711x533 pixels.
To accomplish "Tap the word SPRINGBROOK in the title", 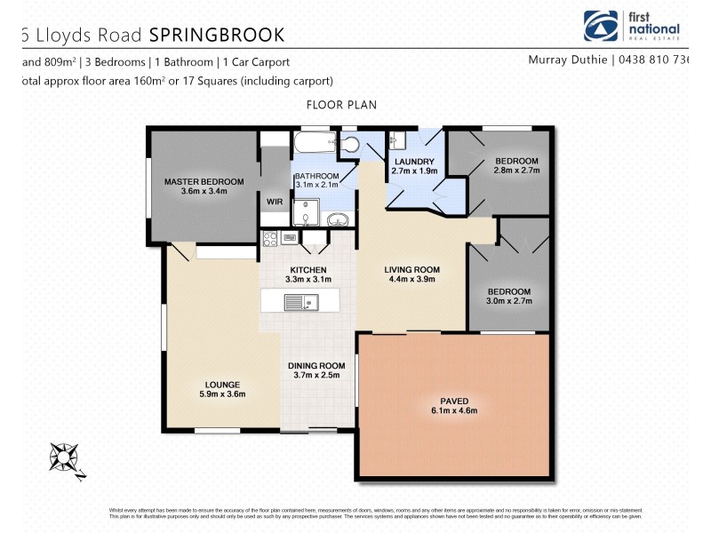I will (x=217, y=35).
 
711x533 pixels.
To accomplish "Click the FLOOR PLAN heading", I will (x=341, y=105).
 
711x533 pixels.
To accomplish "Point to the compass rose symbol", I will (x=65, y=457).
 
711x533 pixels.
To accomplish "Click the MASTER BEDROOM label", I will (x=204, y=182).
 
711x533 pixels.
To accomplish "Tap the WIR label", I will (x=275, y=202).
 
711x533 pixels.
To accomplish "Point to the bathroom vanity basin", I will (x=338, y=219).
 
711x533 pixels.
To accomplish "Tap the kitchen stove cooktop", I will (x=270, y=238).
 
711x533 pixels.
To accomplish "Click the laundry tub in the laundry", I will (x=399, y=141).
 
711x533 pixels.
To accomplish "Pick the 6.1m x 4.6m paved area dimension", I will (x=453, y=410).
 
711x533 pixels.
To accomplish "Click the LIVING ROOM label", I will (x=411, y=269).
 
